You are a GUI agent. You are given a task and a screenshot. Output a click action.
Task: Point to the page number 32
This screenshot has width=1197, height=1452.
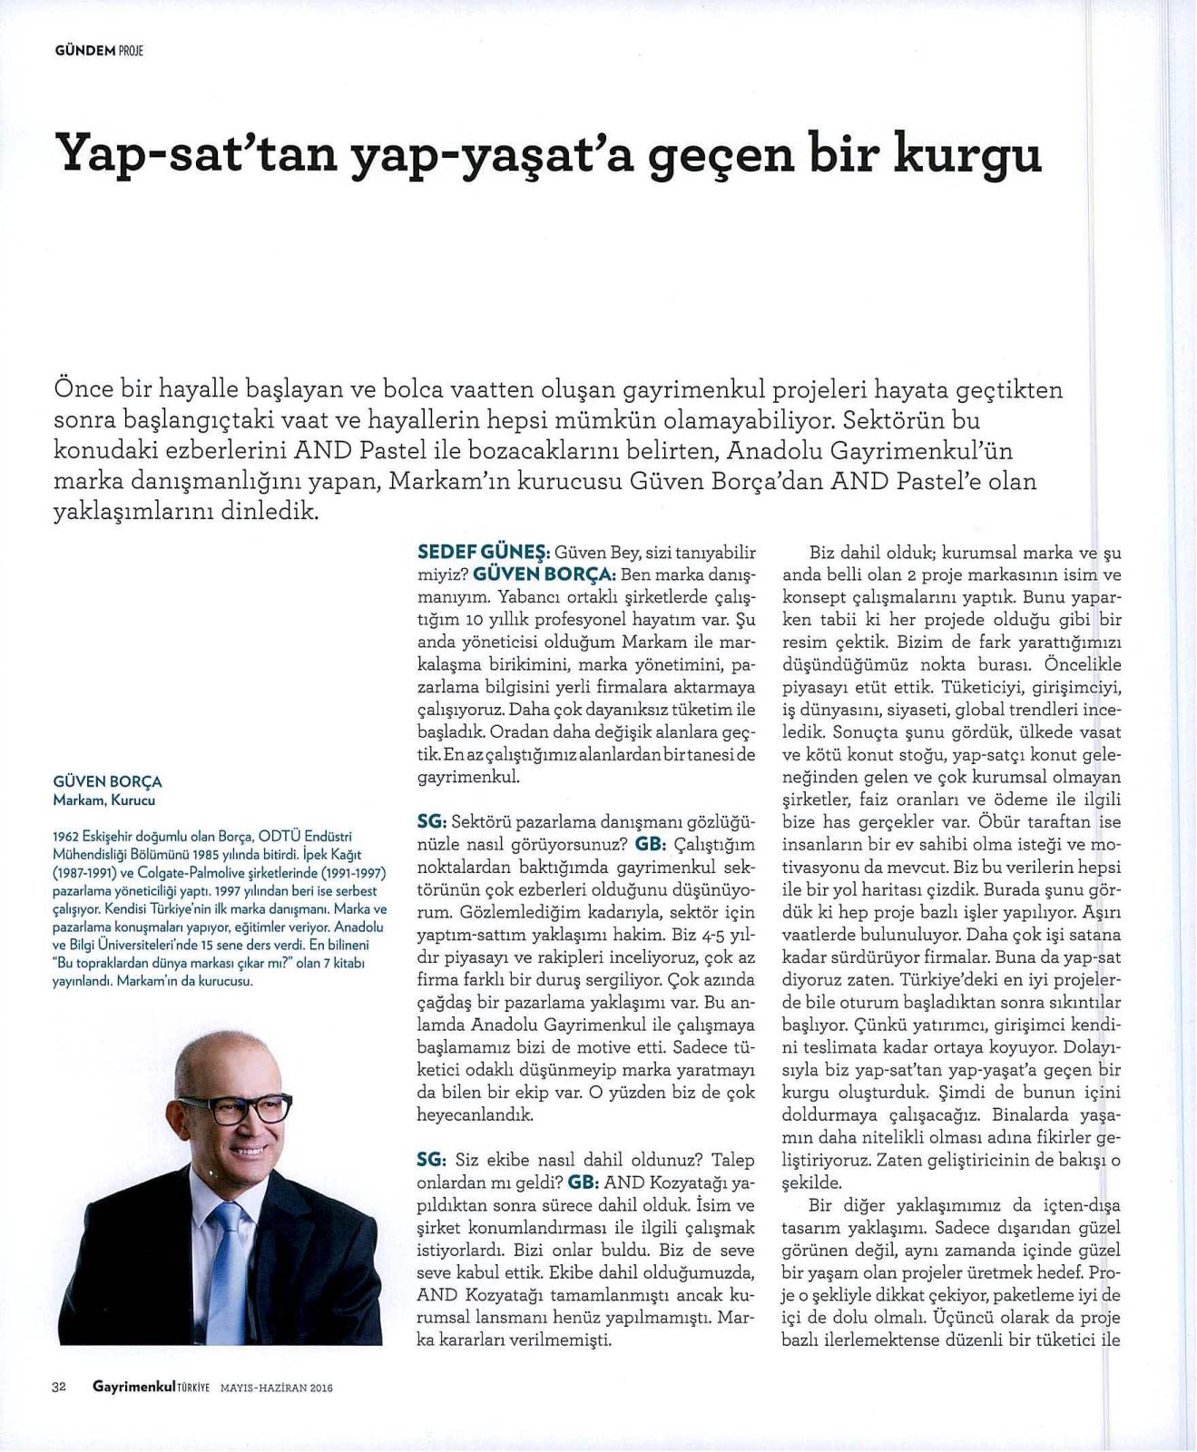pos(61,1386)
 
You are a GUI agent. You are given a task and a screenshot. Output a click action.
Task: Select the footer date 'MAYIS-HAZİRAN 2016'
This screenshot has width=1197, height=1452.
pos(277,1387)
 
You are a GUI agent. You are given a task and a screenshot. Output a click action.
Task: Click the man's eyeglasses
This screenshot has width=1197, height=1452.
pos(235,1109)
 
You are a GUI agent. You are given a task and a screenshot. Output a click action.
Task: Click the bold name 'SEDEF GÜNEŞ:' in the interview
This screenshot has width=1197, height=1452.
pos(483,552)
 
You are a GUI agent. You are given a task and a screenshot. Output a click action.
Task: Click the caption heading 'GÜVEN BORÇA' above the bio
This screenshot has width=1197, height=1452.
pos(108,781)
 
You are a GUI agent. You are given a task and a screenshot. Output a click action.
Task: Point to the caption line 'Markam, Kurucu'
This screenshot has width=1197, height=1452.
pos(104,800)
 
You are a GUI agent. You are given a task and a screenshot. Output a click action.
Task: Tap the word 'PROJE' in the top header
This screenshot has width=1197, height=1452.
pos(132,51)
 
